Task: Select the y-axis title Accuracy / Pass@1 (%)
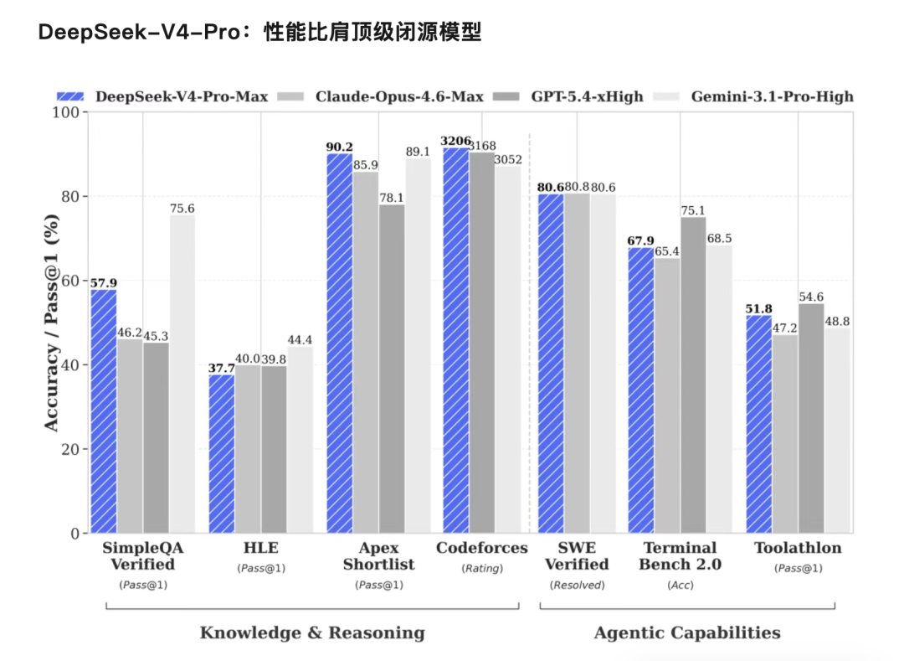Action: click(x=51, y=323)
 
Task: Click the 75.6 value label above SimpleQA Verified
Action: click(x=182, y=209)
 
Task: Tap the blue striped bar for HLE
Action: click(x=222, y=453)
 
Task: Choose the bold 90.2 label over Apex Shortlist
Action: click(x=339, y=147)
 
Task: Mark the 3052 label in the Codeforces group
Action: click(x=508, y=160)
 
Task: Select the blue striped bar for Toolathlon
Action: click(x=758, y=424)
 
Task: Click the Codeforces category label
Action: click(x=482, y=548)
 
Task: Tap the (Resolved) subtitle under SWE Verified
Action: click(x=577, y=585)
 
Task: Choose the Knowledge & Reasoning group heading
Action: click(x=312, y=633)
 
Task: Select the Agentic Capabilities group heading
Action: click(x=687, y=633)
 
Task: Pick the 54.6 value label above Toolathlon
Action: click(x=812, y=297)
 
